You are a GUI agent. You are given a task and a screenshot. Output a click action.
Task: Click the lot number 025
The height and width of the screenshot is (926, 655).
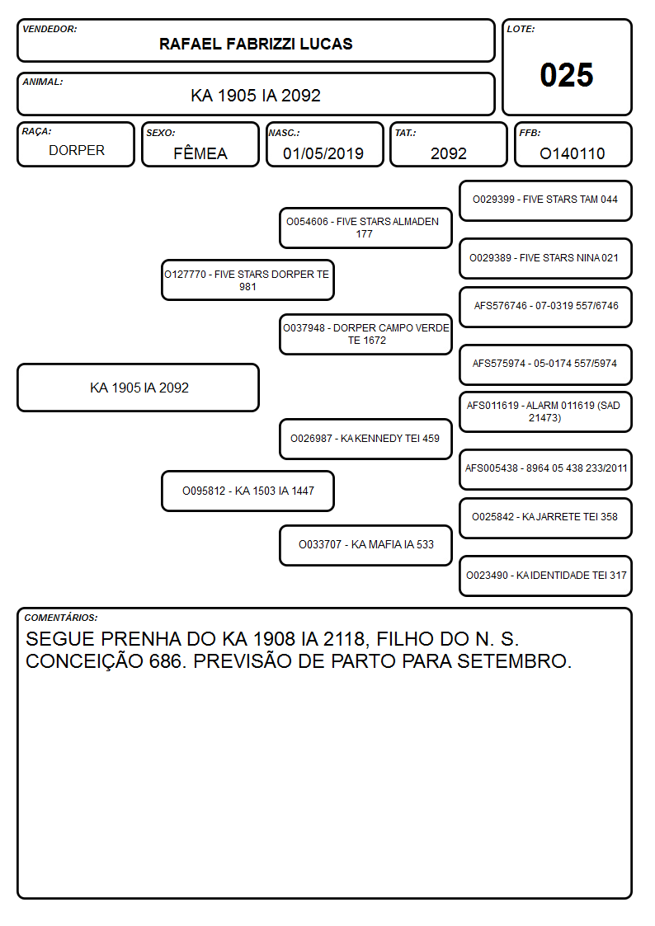(567, 75)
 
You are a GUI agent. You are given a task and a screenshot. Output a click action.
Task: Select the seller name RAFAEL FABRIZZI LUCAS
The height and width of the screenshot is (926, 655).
(256, 44)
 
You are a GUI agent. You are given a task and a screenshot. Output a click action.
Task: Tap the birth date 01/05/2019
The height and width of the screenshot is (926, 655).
(323, 153)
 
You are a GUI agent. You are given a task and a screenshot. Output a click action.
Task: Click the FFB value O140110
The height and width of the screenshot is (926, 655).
(573, 153)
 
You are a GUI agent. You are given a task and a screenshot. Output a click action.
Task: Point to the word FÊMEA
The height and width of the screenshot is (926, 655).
(200, 153)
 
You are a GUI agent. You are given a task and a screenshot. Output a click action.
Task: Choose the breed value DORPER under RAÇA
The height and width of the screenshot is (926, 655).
(77, 151)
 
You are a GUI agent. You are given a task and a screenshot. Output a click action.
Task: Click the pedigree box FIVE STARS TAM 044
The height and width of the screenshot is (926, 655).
(545, 201)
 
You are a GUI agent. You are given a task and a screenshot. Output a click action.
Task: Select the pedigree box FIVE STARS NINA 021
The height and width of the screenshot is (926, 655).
(545, 258)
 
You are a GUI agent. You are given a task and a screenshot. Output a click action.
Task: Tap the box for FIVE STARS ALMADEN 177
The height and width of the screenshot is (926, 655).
(365, 228)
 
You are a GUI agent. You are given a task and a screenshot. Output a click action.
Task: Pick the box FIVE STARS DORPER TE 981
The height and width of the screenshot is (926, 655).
(247, 280)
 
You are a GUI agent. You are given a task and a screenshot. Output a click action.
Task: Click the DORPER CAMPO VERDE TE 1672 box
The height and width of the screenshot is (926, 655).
(365, 334)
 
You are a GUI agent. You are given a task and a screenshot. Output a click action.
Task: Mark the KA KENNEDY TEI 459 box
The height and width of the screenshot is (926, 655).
(365, 439)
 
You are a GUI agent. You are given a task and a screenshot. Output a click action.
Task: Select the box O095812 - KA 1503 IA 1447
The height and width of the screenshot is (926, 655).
(247, 491)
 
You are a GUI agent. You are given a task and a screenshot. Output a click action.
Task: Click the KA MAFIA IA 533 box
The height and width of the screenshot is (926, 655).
(365, 545)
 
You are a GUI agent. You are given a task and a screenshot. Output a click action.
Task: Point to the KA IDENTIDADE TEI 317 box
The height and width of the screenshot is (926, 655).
(545, 576)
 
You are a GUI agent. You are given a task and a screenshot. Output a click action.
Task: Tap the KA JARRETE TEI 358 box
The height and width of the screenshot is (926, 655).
(545, 518)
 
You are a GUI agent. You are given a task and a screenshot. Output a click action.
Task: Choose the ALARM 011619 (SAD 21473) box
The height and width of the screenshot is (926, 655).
(545, 411)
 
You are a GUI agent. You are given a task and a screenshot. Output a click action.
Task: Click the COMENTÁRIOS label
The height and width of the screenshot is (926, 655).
(61, 618)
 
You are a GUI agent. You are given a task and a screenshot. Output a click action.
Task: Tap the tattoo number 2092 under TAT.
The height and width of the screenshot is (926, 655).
(448, 153)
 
